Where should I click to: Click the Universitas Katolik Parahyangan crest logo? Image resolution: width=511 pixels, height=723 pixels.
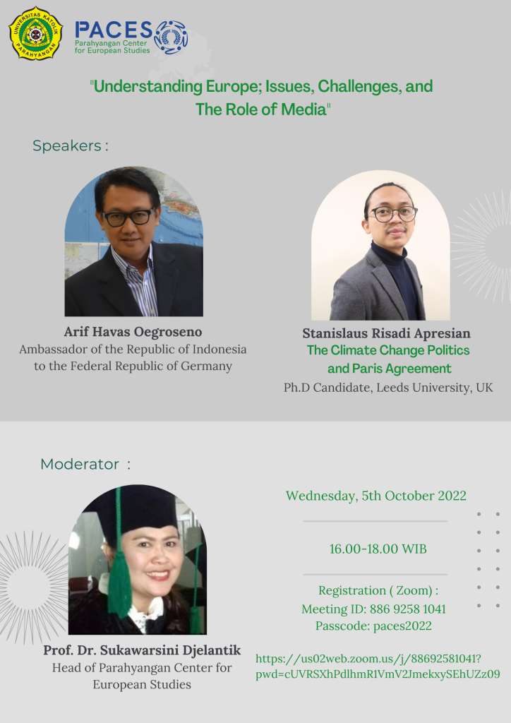[35, 33]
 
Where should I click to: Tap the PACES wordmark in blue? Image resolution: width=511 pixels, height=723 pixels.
[114, 30]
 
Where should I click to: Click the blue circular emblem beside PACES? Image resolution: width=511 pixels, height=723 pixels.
[171, 37]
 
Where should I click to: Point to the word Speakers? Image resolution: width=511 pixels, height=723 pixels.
[67, 145]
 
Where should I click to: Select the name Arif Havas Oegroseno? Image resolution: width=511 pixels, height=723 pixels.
[133, 332]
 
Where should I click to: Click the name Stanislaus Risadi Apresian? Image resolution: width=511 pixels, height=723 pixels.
[386, 333]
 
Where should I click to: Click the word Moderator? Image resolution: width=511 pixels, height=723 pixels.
[80, 464]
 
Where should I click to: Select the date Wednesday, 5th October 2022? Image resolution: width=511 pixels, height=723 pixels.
[376, 496]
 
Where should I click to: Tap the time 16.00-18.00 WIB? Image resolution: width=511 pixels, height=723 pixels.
[378, 549]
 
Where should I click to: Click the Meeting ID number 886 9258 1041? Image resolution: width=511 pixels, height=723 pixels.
[408, 609]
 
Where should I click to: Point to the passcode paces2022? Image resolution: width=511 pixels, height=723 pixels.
[402, 626]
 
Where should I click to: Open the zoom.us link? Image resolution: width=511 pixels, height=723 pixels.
[378, 667]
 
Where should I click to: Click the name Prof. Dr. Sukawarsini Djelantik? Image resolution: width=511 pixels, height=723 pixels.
[142, 650]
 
